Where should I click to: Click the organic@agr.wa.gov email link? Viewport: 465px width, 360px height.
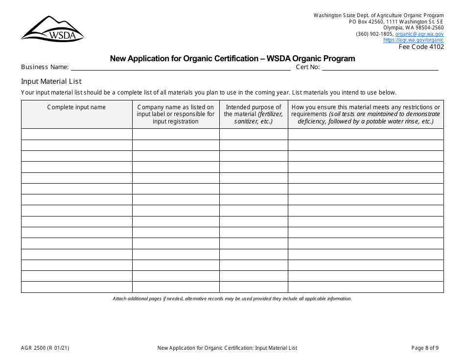click(x=419, y=34)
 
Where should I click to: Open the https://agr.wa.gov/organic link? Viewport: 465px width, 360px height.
click(x=413, y=40)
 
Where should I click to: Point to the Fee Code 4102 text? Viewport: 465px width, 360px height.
click(x=421, y=47)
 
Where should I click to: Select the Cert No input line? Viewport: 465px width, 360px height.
click(x=380, y=67)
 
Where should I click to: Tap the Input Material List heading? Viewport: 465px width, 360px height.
click(x=51, y=81)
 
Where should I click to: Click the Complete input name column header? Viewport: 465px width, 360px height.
click(x=76, y=107)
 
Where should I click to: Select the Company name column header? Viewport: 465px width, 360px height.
click(x=176, y=114)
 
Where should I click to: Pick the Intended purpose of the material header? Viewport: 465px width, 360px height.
click(x=254, y=114)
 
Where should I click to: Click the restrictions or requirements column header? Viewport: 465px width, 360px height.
click(x=366, y=114)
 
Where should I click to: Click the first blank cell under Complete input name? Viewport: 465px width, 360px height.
click(x=76, y=134)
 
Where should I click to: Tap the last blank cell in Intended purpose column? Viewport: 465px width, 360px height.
click(x=254, y=287)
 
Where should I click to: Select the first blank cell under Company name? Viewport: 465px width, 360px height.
click(x=176, y=134)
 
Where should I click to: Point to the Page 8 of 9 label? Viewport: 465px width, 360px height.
click(x=425, y=348)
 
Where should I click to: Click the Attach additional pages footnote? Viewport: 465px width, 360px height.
click(x=232, y=299)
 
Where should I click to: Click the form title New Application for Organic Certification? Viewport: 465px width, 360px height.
click(x=232, y=59)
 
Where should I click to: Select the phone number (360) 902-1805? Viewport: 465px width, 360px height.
click(x=374, y=34)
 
